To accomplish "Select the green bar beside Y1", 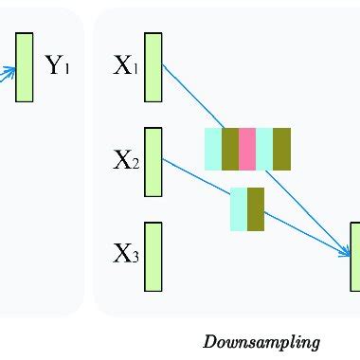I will tap(25, 66).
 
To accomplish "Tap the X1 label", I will tap(126, 66).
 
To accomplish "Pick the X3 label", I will tap(126, 254).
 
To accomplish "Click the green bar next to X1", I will tap(153, 66).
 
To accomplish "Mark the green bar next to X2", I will tap(153, 161).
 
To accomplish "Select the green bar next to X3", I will tap(153, 256).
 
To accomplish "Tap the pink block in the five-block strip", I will tap(247, 148).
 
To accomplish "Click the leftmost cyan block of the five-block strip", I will tap(213, 148).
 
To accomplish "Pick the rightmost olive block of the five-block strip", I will tap(281, 148).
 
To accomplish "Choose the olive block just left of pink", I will tap(230, 148).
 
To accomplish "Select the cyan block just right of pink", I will tap(264, 148).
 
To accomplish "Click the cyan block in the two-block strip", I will tap(239, 208).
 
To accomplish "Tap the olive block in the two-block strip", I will tap(256, 208).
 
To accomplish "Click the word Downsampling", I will tap(261, 342).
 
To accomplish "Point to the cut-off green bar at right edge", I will tap(355, 256).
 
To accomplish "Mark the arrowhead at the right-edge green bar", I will tap(346, 251).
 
